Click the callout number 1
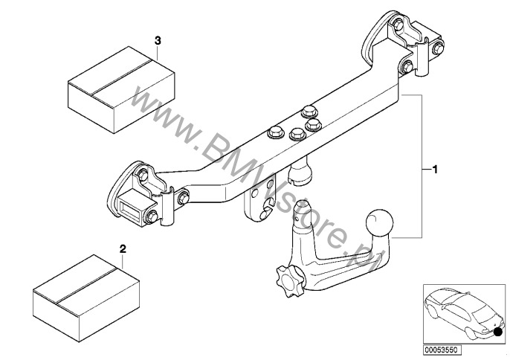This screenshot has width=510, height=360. (x=434, y=170)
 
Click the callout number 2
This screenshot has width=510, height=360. (x=123, y=249)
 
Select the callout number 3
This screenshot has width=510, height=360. (x=158, y=41)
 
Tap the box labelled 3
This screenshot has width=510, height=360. (x=121, y=90)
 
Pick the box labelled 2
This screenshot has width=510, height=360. (x=86, y=298)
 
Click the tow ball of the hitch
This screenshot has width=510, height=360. (x=379, y=222)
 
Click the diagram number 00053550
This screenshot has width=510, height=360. (x=442, y=350)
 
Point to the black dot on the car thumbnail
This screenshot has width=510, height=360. (x=497, y=332)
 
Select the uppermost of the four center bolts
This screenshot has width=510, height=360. (x=309, y=112)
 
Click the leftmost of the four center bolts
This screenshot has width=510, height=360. (x=275, y=132)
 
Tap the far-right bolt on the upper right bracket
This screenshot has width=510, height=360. (x=438, y=48)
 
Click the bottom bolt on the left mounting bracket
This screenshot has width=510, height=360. (x=152, y=216)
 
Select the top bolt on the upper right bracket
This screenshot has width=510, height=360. (x=397, y=24)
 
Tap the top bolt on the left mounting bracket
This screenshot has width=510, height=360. (x=143, y=176)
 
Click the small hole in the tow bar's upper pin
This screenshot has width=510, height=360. (x=297, y=219)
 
